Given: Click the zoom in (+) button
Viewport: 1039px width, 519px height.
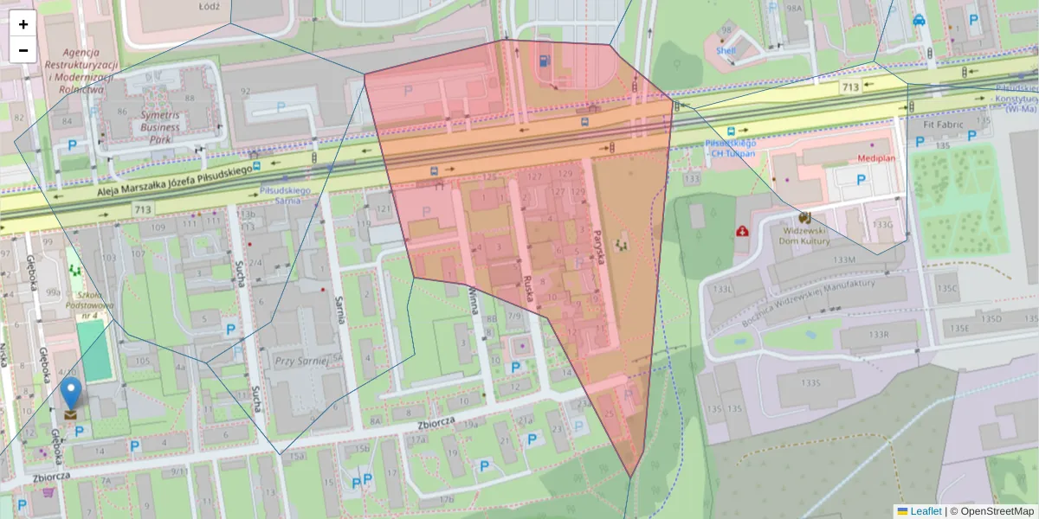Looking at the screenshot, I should coord(23,24).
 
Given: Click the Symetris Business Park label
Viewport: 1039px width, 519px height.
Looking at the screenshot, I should coord(148,127).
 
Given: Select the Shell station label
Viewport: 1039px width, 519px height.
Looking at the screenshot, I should coord(726,50).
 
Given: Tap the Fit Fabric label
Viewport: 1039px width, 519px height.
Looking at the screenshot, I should coord(942,124).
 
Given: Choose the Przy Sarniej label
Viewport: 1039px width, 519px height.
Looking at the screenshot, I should coord(297,361).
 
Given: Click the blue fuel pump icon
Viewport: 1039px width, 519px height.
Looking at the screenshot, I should coord(543,61).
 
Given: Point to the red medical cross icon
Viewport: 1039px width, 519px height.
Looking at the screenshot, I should coord(742,231).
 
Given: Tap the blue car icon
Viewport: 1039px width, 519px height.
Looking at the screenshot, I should coord(919,19).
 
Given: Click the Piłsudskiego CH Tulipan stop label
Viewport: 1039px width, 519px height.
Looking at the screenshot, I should coord(731,147).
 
